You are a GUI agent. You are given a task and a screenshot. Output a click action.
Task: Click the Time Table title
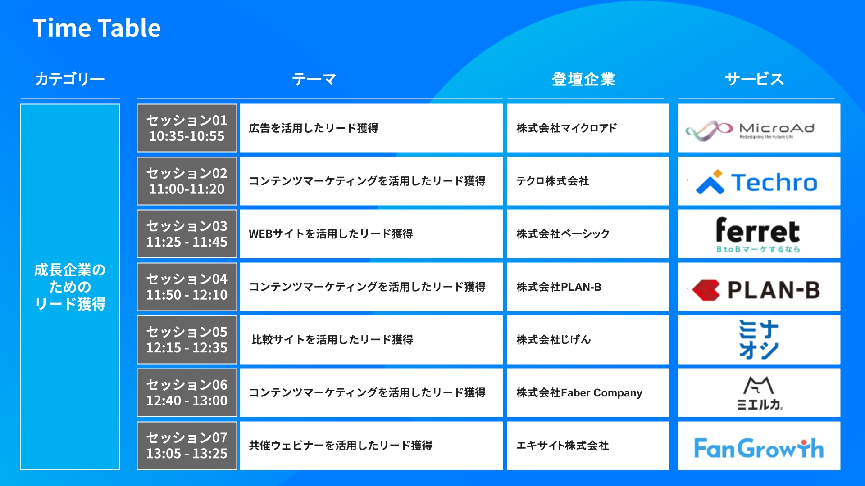tap(96, 28)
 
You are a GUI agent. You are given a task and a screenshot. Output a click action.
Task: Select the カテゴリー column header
tap(70, 79)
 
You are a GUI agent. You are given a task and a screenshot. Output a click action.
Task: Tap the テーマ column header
tap(314, 79)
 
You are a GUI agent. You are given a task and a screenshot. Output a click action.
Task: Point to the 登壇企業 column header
tap(583, 79)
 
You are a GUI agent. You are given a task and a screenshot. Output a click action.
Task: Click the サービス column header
tap(755, 79)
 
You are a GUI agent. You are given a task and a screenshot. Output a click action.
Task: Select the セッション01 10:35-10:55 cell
tap(187, 128)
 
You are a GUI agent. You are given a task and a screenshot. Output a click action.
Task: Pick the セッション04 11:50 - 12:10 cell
tap(187, 287)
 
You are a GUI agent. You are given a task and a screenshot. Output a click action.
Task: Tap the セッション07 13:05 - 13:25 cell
tap(187, 445)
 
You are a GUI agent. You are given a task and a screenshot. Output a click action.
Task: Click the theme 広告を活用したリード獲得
tap(314, 128)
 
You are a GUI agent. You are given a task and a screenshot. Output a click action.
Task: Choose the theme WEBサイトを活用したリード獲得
tap(331, 234)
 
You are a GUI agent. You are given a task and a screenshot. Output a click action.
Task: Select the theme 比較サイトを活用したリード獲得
tap(332, 340)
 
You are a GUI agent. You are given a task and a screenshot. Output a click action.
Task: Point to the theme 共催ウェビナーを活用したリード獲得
tap(341, 445)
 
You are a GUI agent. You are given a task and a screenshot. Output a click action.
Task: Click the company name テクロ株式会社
tap(553, 181)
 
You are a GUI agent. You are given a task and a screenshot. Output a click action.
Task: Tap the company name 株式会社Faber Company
tap(579, 393)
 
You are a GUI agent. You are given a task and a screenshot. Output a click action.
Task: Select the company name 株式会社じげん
tap(554, 340)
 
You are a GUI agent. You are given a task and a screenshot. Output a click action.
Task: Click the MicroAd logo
tap(750, 130)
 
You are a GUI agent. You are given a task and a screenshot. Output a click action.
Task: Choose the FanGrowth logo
tap(759, 448)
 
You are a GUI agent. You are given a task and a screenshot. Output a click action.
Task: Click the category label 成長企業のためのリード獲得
tap(70, 287)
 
